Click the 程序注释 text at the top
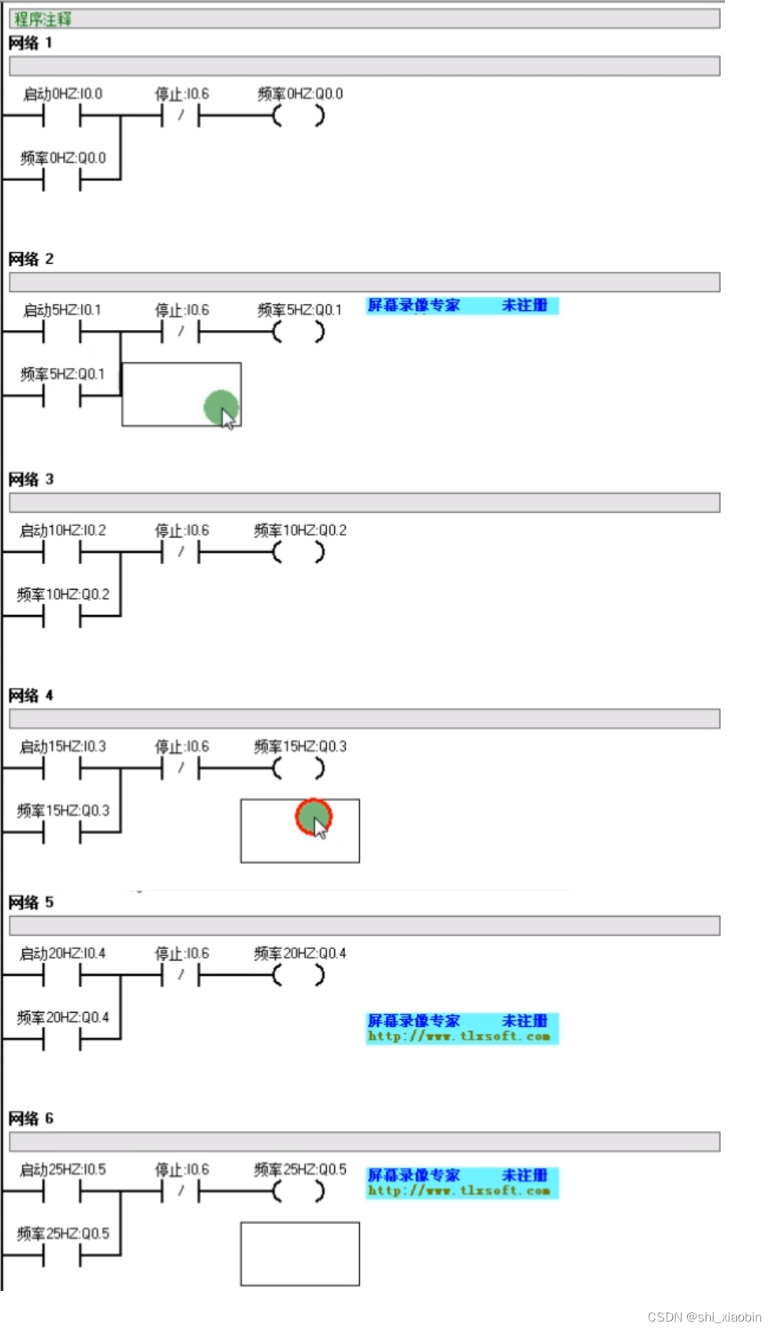coord(43,19)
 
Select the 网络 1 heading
coord(31,43)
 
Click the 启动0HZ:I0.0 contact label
coord(62,94)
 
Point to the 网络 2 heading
coord(31,259)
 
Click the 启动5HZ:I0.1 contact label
coord(62,310)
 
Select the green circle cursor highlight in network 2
coord(221,407)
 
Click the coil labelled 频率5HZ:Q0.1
coord(299,332)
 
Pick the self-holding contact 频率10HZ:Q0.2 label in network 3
coord(63,595)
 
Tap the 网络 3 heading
coord(31,480)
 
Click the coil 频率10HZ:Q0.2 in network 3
coord(299,553)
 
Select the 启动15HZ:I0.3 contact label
coord(63,747)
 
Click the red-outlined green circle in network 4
coord(313,817)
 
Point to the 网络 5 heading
coord(31,903)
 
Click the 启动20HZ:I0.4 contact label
coord(63,954)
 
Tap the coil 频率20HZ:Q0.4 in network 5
coord(299,976)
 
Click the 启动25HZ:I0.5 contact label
coord(63,1170)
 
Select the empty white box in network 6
coord(299,1254)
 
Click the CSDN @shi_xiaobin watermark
coord(704,1317)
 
